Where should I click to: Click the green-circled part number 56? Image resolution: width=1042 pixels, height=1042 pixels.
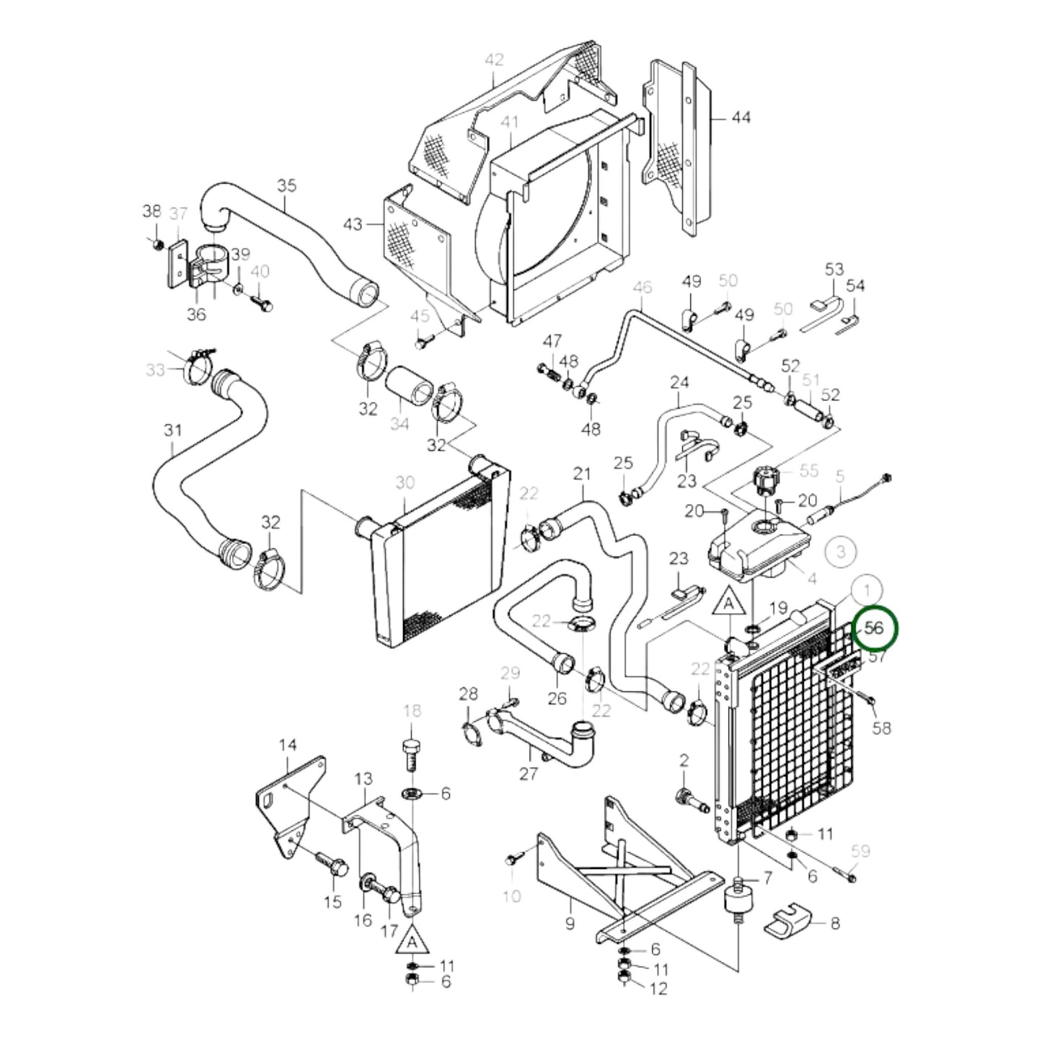(x=875, y=628)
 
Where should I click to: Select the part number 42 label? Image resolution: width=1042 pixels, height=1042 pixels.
(x=494, y=60)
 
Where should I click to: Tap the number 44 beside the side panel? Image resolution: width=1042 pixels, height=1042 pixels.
(x=740, y=117)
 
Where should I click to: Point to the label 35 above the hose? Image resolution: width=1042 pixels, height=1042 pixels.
(x=286, y=185)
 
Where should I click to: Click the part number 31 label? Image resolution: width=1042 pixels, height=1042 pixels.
(x=172, y=431)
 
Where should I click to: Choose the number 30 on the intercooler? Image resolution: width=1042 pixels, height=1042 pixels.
(x=405, y=482)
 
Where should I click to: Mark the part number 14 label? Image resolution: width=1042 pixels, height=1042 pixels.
(x=288, y=745)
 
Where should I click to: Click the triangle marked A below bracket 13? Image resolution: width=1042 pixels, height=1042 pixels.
(x=412, y=941)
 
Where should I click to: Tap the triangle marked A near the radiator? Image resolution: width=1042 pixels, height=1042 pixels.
(x=729, y=604)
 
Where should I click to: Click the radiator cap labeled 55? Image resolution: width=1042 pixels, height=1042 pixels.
(x=766, y=480)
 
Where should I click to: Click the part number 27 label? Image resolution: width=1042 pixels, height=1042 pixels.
(x=529, y=773)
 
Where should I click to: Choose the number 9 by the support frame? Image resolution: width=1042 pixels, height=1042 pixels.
(x=570, y=923)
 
